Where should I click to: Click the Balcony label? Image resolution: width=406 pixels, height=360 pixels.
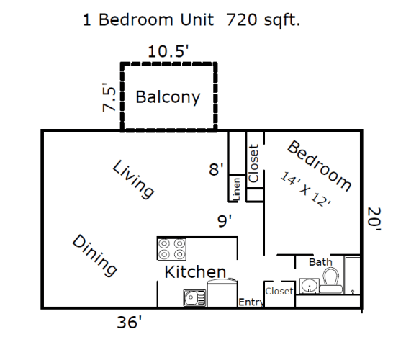[168, 97]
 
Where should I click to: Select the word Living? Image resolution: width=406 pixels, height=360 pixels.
[134, 179]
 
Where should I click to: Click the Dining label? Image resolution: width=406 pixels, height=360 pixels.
[95, 255]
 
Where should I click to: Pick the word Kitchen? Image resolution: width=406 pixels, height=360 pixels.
[196, 272]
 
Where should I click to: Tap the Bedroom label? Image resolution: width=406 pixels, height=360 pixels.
[319, 166]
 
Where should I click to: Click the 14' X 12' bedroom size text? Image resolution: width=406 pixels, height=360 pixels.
[306, 189]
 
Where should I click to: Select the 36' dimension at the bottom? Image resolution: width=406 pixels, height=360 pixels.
[130, 322]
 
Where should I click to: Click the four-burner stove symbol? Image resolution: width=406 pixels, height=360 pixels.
[172, 249]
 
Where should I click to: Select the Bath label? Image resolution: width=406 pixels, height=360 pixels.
[320, 262]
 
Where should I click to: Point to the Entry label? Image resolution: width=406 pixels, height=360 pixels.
[250, 302]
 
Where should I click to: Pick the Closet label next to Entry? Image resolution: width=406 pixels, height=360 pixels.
[279, 292]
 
